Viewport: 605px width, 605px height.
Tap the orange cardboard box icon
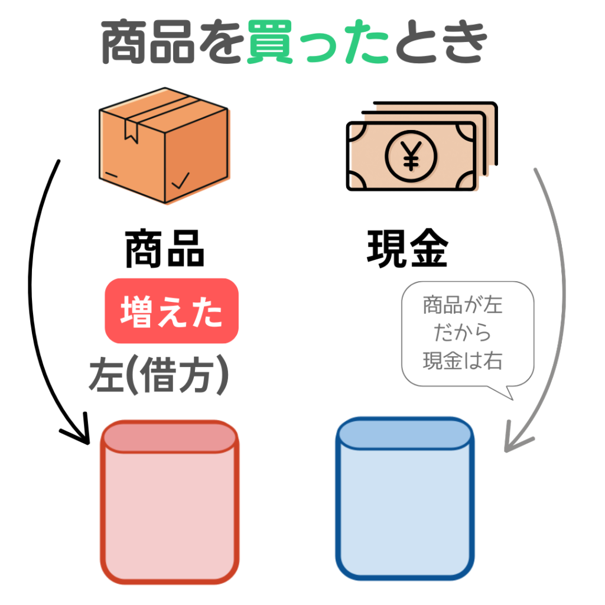pyautogui.click(x=164, y=145)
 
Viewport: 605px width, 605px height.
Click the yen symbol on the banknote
pyautogui.click(x=411, y=156)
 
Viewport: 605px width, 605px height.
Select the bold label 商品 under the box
pyautogui.click(x=165, y=249)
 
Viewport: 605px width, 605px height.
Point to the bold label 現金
pyautogui.click(x=408, y=249)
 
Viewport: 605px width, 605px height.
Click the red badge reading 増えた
pyautogui.click(x=172, y=311)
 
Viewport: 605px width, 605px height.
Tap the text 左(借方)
pyautogui.click(x=159, y=375)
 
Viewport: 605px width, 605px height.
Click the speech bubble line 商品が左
pyautogui.click(x=463, y=305)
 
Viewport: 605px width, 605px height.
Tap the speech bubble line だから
pyautogui.click(x=463, y=333)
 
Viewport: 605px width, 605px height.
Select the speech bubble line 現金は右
pyautogui.click(x=463, y=361)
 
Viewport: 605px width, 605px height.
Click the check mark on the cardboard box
pyautogui.click(x=181, y=181)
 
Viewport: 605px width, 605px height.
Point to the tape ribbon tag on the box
pyautogui.click(x=131, y=131)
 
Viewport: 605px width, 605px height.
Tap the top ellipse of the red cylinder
pyautogui.click(x=170, y=437)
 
